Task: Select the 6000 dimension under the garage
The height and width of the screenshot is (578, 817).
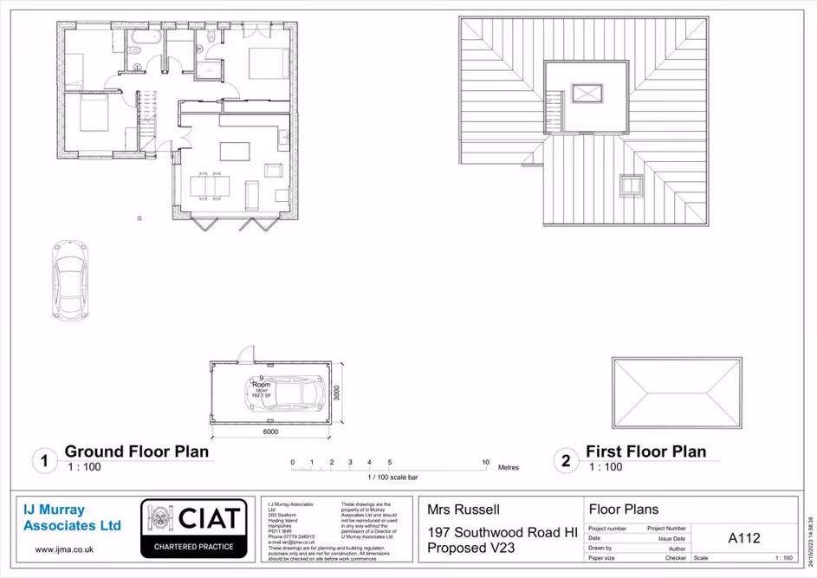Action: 270,431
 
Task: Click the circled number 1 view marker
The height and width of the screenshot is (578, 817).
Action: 44,460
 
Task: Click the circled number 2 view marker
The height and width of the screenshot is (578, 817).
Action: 565,460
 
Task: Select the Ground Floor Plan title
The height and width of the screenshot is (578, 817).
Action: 137,451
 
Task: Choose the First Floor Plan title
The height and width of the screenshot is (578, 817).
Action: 645,451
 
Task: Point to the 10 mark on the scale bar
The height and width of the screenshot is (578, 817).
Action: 485,463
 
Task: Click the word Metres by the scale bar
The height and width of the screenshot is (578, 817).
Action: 509,467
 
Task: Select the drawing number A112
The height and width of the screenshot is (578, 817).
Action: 743,538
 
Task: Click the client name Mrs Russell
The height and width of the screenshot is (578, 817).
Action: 464,510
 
